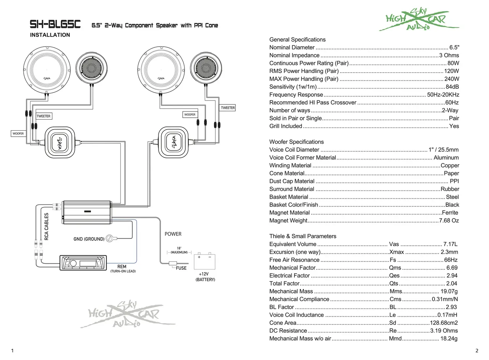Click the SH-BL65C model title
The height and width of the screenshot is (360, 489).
pos(55,25)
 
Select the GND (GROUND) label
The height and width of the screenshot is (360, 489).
pos(89,239)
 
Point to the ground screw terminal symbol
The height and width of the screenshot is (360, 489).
pos(110,238)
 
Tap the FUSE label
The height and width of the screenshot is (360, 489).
pos(181,268)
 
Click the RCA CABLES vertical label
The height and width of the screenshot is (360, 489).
pos(46,226)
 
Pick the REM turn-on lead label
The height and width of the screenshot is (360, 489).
pos(122,266)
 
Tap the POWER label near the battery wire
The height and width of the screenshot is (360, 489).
pos(173,234)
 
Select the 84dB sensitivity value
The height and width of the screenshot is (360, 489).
pos(452,87)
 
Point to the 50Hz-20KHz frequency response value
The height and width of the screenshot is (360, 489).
pos(443,95)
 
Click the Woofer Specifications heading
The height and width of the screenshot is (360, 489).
pos(296,142)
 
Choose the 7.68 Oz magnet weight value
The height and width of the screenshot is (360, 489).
pos(449,221)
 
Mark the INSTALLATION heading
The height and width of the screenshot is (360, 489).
pos(50,35)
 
